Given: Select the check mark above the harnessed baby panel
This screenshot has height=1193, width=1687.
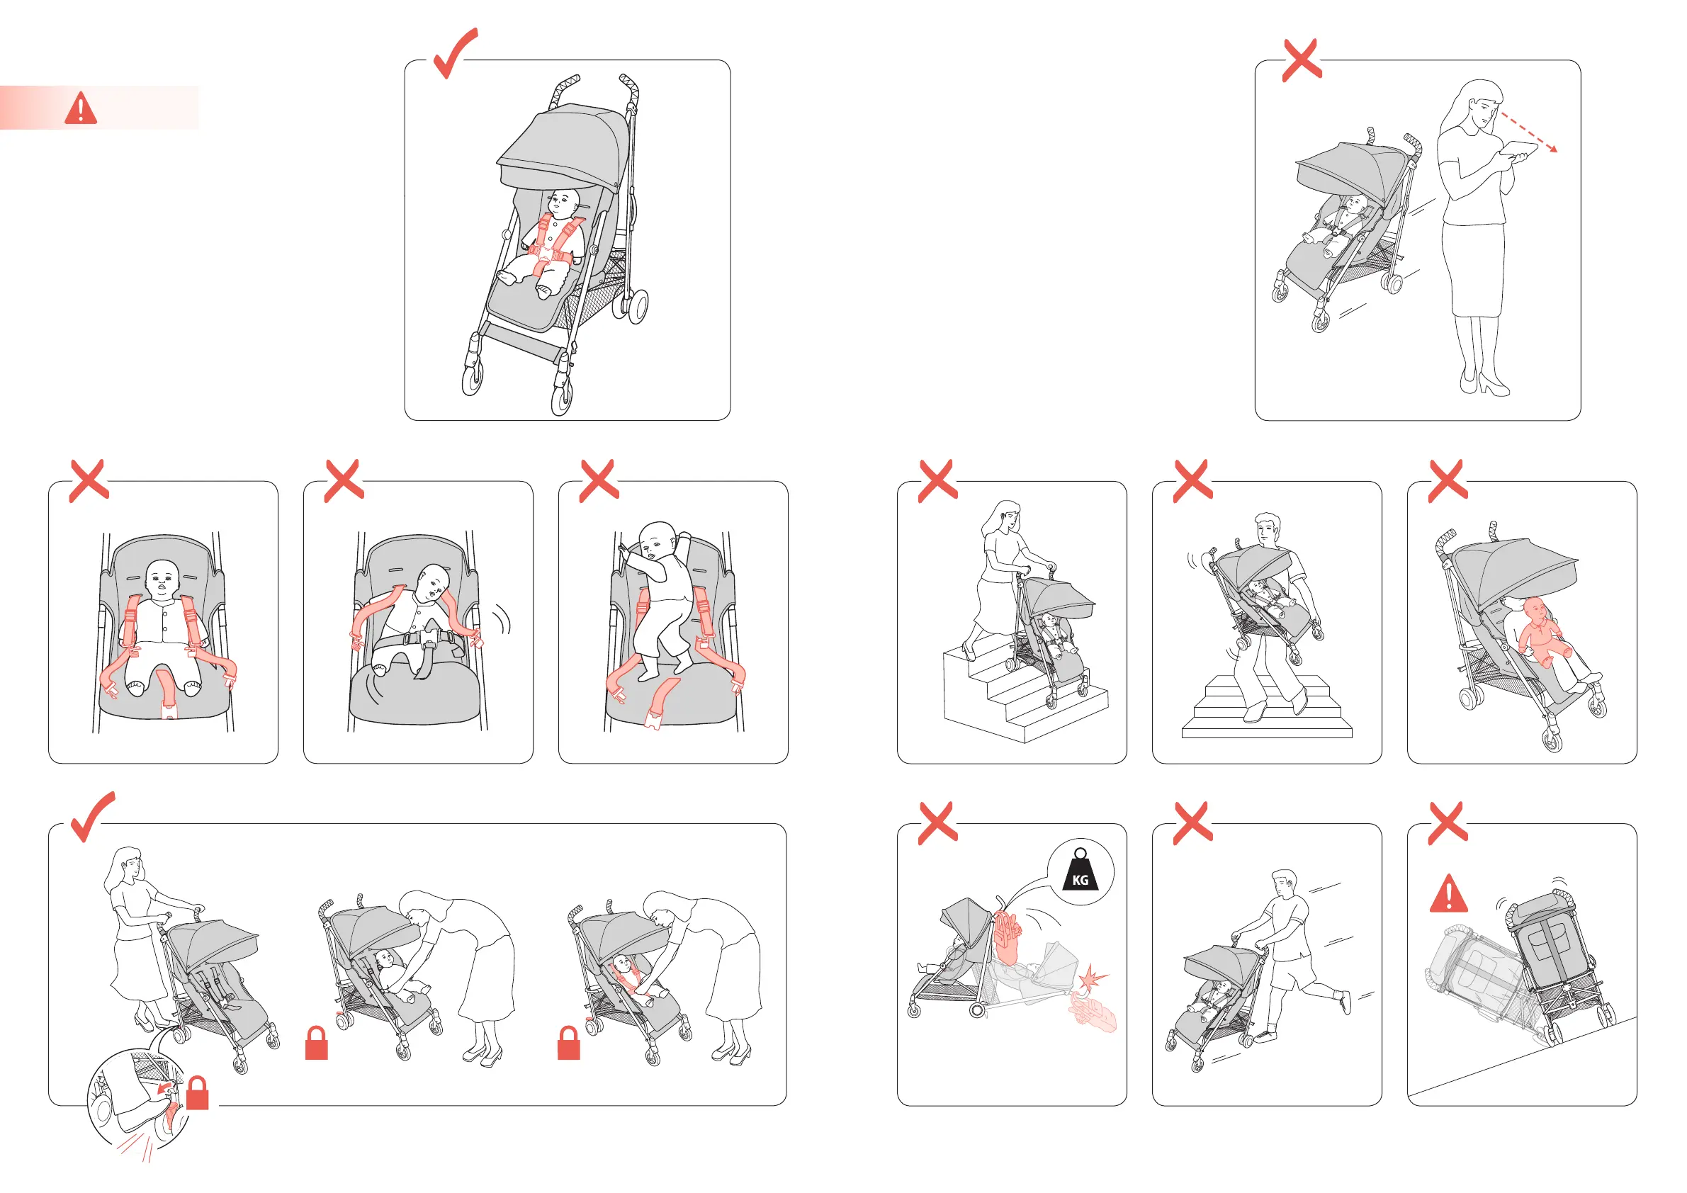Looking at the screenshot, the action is (x=456, y=53).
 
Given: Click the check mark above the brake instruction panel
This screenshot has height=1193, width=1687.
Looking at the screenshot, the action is (x=93, y=817).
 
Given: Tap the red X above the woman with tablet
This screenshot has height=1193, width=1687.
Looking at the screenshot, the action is (x=1302, y=60).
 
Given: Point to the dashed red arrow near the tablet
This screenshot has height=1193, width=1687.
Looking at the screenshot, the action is (x=1528, y=132).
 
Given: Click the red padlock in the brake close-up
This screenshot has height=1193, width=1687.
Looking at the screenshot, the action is (x=198, y=1092).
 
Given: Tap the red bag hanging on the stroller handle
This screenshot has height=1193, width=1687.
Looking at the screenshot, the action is (x=1006, y=938).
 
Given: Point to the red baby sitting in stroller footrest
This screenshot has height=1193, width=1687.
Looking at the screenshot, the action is (x=1545, y=631).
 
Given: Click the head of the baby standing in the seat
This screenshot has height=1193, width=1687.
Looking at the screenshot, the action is (x=658, y=541).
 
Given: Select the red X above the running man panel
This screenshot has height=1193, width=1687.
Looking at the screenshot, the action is (x=1192, y=822).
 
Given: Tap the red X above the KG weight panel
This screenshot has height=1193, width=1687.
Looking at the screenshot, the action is (x=937, y=822).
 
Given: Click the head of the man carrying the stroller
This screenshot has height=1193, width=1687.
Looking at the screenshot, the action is (x=1268, y=528).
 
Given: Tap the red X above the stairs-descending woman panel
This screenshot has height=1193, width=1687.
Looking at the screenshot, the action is (x=937, y=481).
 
